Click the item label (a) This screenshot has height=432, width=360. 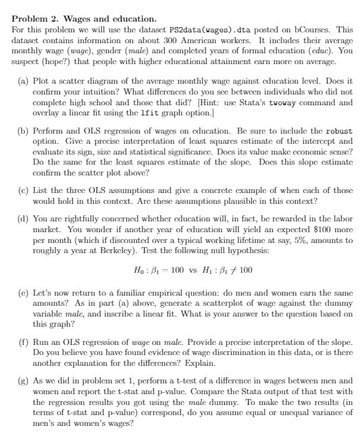click(22, 80)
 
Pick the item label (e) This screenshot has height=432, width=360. click(22, 294)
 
